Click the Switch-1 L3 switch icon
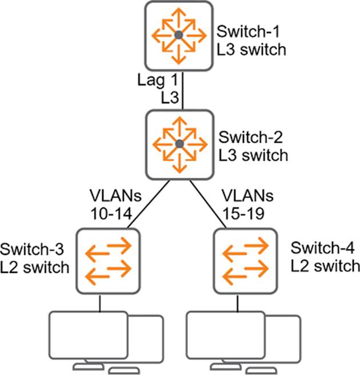tap(179, 35)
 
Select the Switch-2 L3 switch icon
tap(179, 143)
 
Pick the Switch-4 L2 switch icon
tap(245, 260)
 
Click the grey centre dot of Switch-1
tap(179, 35)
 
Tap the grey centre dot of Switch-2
tap(179, 143)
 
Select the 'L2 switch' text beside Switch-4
tap(325, 266)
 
